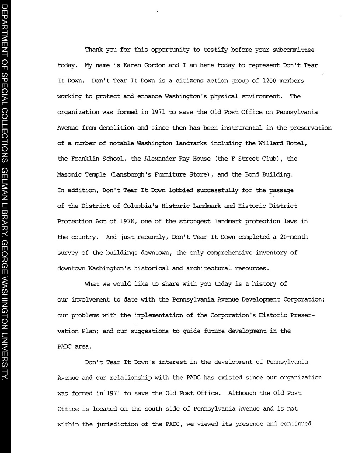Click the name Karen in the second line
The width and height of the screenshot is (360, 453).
coord(132,65)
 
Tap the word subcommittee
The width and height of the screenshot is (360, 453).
coord(293,50)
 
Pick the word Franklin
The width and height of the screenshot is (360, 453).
coord(85,159)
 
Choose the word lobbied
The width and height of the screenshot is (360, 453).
coord(181,190)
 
